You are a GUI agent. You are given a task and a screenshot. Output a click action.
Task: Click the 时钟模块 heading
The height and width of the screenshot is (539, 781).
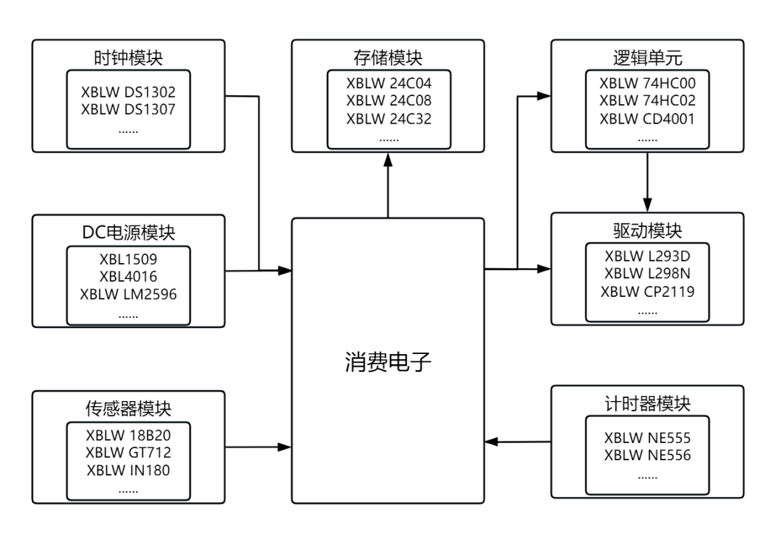[129, 58]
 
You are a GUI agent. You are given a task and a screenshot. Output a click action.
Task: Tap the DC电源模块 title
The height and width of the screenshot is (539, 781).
[129, 232]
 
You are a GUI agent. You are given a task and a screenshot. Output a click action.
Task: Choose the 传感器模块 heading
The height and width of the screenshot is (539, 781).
[129, 408]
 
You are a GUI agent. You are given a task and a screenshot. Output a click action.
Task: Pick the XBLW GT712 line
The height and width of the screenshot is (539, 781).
[129, 452]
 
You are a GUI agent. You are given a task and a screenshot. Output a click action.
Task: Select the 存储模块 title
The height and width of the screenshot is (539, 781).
[388, 57]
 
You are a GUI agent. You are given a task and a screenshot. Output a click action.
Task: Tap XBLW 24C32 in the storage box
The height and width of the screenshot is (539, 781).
[388, 118]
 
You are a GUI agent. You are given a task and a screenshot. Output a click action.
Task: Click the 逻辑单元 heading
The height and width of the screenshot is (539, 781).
[647, 57]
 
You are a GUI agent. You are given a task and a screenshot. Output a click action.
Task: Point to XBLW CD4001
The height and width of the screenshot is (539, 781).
[647, 118]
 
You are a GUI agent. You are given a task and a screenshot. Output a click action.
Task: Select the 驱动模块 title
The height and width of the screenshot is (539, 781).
[647, 231]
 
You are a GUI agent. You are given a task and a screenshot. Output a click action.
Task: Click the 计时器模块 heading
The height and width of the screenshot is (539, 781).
[647, 403]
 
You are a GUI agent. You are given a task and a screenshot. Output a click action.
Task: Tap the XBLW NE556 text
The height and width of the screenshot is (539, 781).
[647, 455]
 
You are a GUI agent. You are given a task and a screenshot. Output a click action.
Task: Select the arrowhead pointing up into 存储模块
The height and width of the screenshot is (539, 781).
[388, 162]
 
